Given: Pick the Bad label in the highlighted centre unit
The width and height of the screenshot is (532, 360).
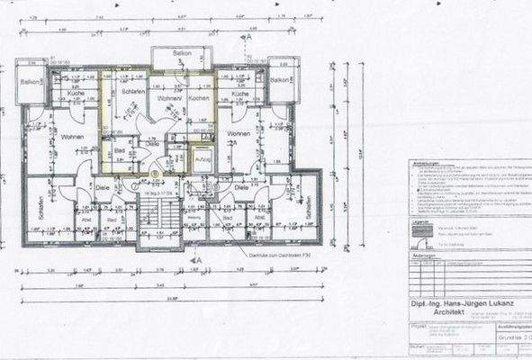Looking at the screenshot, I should [119, 151].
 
